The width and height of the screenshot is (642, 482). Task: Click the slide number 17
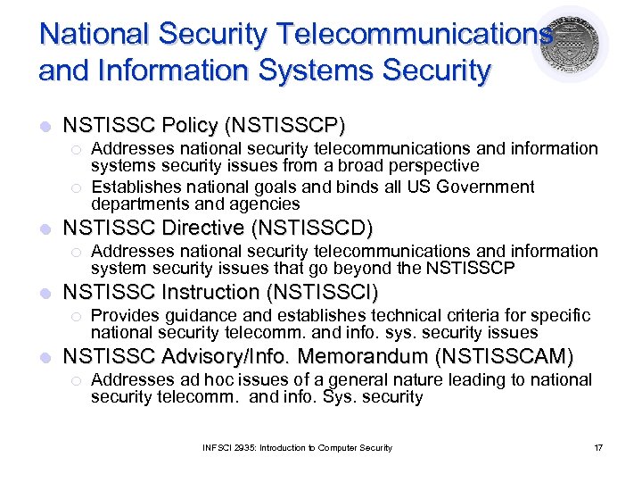point(597,447)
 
